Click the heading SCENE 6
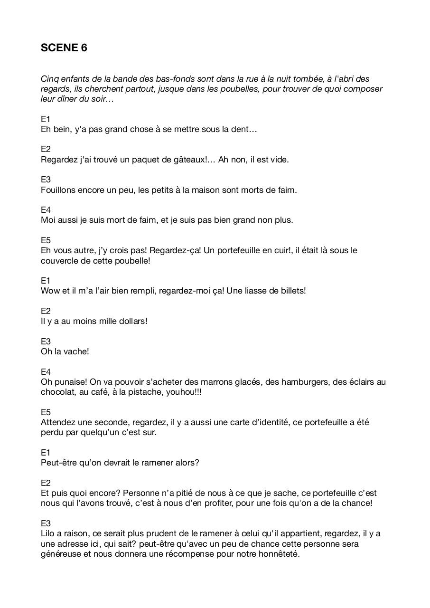pyautogui.click(x=64, y=47)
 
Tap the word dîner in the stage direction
pyautogui.click(x=68, y=99)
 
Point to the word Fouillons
pyautogui.click(x=59, y=190)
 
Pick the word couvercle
pyautogui.click(x=60, y=260)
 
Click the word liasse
pyautogui.click(x=254, y=291)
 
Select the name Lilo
pyautogui.click(x=48, y=533)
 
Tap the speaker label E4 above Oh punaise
pyautogui.click(x=46, y=372)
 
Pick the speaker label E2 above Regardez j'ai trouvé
pyautogui.click(x=46, y=149)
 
